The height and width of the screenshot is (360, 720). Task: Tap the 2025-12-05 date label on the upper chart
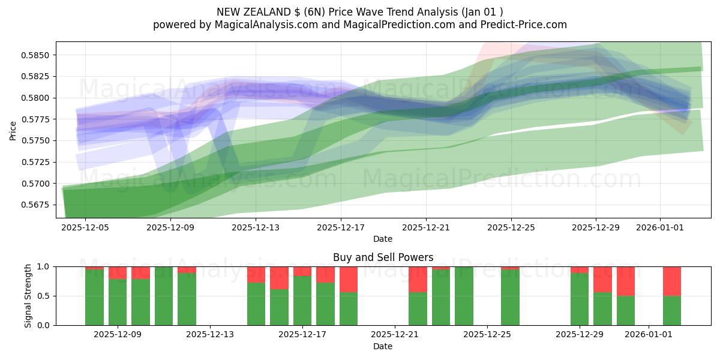[85, 228]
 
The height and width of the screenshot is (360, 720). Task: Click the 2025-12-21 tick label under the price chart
[426, 228]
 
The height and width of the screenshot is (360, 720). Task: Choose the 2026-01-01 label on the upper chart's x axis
[660, 228]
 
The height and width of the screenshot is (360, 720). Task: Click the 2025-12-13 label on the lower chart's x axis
[210, 335]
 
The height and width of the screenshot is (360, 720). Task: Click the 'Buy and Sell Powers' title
[383, 257]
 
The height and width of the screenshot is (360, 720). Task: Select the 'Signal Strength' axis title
[28, 296]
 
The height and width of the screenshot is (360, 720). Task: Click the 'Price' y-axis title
[13, 130]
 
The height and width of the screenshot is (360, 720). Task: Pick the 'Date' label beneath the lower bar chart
[383, 346]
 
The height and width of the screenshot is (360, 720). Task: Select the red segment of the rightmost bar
[671, 281]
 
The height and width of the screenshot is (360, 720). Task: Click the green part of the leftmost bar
[94, 298]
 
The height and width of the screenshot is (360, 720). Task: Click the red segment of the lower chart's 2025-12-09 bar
[118, 272]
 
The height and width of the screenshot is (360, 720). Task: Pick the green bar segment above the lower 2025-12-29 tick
[580, 299]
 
